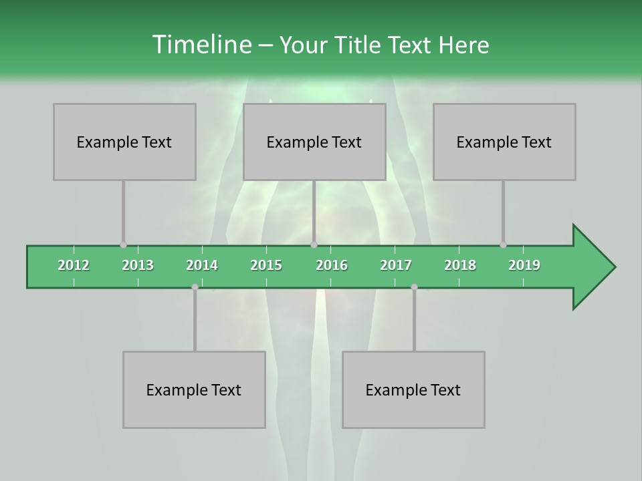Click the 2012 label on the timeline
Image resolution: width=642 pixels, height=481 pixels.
[x=74, y=265]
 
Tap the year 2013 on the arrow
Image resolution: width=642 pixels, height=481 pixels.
[x=138, y=265]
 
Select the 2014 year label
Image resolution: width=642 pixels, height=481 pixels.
[x=202, y=265]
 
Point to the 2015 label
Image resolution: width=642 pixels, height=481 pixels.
[x=266, y=265]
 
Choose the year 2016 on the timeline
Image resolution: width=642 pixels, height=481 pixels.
[x=332, y=265]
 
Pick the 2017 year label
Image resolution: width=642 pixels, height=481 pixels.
[x=396, y=265]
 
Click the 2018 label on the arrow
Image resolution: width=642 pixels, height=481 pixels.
[x=460, y=265]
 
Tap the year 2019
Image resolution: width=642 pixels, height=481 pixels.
[x=524, y=265]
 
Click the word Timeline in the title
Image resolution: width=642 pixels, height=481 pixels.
[x=201, y=45]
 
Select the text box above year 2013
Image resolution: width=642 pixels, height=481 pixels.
[x=124, y=142]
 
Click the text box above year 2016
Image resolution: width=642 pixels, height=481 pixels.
[x=314, y=142]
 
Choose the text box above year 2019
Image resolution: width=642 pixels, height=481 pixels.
[x=504, y=142]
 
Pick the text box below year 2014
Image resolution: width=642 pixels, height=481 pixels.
[x=194, y=389]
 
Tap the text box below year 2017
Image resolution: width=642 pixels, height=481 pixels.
[x=413, y=389]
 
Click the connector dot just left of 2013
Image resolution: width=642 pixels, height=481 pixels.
[x=123, y=245]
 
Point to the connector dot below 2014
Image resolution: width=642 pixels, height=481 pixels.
[x=195, y=287]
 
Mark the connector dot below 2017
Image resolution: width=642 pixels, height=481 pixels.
[x=414, y=287]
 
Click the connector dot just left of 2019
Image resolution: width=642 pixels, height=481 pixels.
[x=503, y=245]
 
